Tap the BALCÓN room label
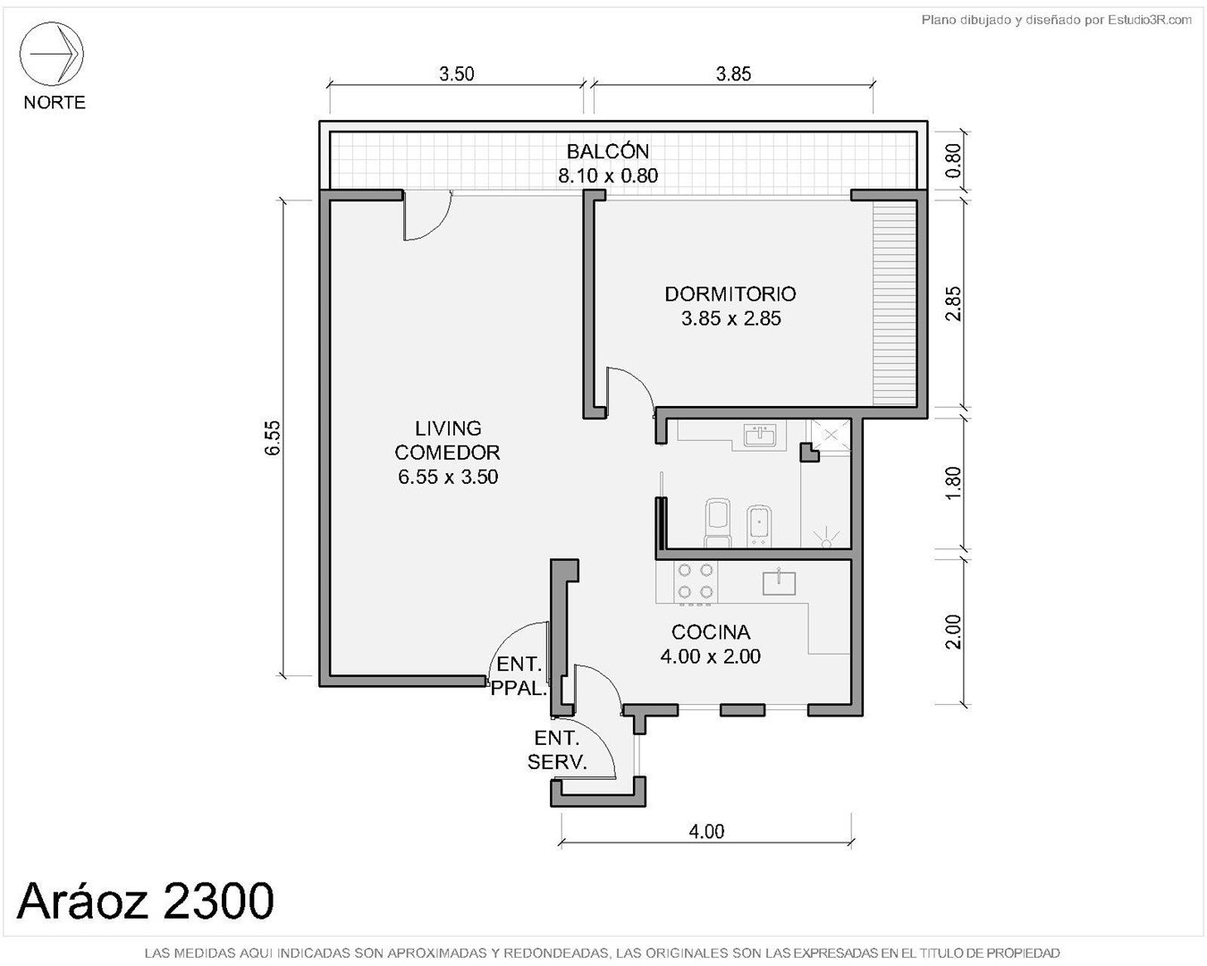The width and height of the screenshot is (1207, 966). pyautogui.click(x=607, y=151)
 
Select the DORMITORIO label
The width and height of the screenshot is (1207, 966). pyautogui.click(x=730, y=293)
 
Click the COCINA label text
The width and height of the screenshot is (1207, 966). pyautogui.click(x=711, y=632)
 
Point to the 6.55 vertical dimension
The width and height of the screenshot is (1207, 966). pyautogui.click(x=273, y=437)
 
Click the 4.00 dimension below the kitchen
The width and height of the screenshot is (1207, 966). pyautogui.click(x=706, y=831)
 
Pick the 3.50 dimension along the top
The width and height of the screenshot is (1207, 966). pyautogui.click(x=457, y=73)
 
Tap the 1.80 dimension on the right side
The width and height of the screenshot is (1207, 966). pyautogui.click(x=953, y=483)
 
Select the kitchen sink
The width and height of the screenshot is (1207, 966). pyautogui.click(x=779, y=582)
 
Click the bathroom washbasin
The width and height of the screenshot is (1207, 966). pyautogui.click(x=760, y=435)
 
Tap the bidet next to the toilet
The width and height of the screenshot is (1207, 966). pyautogui.click(x=760, y=526)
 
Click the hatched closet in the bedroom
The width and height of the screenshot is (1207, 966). pyautogui.click(x=895, y=303)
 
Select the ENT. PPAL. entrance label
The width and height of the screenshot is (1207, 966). pyautogui.click(x=519, y=676)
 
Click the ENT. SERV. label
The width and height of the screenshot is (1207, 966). pyautogui.click(x=557, y=750)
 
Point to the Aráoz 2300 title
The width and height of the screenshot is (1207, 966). pyautogui.click(x=145, y=901)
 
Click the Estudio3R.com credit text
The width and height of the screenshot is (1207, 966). pyautogui.click(x=1149, y=21)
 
